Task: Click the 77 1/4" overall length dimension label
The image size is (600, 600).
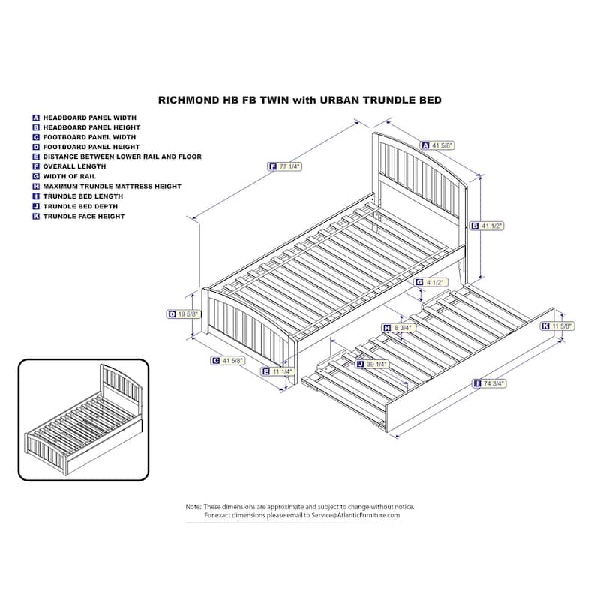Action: (285, 166)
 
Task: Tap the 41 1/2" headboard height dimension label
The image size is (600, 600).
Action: (487, 226)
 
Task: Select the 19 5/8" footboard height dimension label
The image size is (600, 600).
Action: (184, 314)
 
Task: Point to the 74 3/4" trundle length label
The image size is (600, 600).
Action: (490, 383)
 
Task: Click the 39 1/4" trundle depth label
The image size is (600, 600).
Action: (372, 364)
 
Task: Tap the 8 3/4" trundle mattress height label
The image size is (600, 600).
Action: (399, 328)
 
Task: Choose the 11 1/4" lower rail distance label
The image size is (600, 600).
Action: (277, 371)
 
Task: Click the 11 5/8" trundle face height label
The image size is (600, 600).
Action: (558, 326)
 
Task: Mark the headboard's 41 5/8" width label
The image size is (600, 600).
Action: (438, 145)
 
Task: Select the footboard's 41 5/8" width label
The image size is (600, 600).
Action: (228, 361)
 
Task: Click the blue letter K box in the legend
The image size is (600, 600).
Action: (36, 217)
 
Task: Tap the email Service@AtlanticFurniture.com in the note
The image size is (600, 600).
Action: (355, 515)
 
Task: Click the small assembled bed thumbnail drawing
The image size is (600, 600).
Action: (83, 420)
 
